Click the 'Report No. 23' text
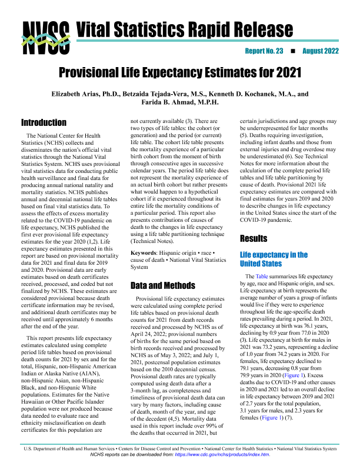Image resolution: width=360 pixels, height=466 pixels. (265, 51)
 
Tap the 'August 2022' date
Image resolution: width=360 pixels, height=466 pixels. (321, 51)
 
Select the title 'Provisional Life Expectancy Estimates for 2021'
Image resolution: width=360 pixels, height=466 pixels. (180, 74)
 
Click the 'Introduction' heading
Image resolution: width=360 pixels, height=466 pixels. (44, 123)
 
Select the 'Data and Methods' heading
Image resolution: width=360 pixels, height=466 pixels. (162, 285)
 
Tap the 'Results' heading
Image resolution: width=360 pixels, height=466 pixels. (255, 239)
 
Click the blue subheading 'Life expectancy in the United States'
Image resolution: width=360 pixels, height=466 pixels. (274, 259)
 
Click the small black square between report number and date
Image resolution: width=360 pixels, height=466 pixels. (292, 51)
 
